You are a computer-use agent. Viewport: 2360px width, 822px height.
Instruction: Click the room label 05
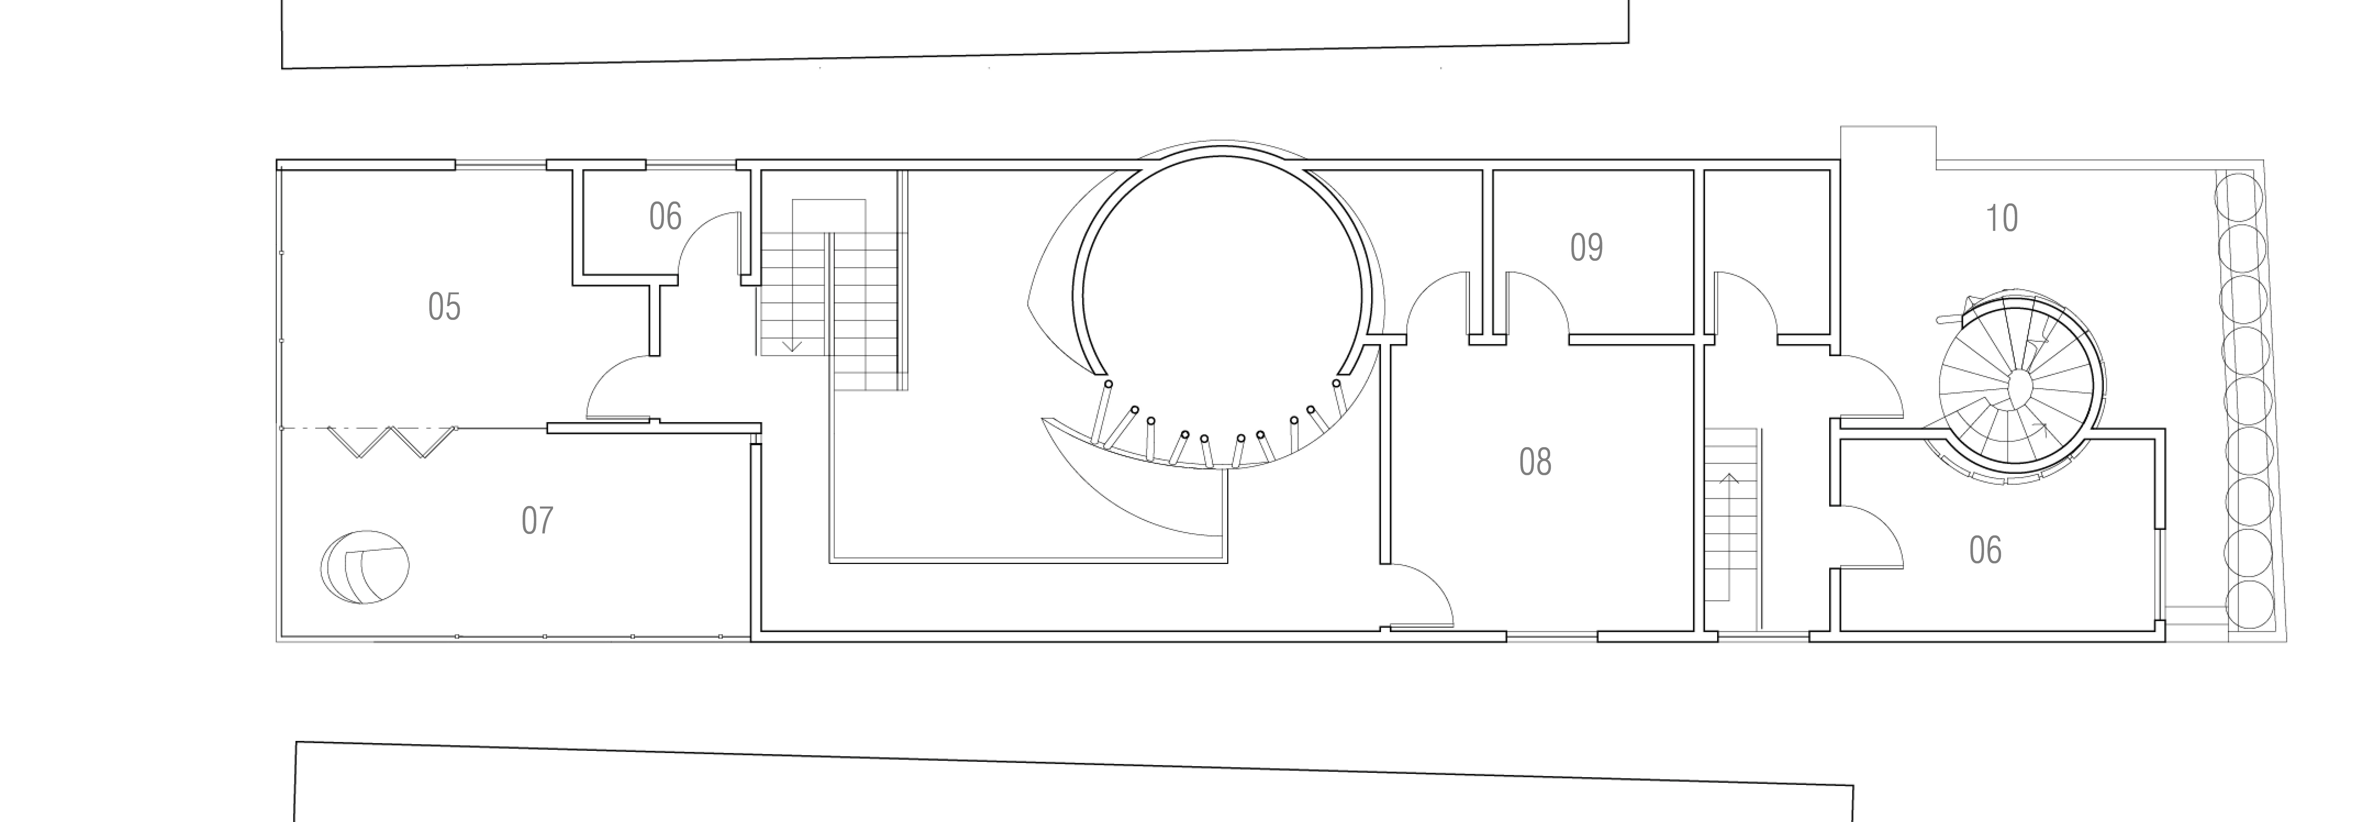pos(444,307)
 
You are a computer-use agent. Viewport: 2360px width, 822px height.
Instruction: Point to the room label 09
pos(1587,247)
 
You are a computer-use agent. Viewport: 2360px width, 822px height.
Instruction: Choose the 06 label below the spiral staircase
pos(1985,550)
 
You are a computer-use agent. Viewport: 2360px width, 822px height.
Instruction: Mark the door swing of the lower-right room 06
pos(1869,538)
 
